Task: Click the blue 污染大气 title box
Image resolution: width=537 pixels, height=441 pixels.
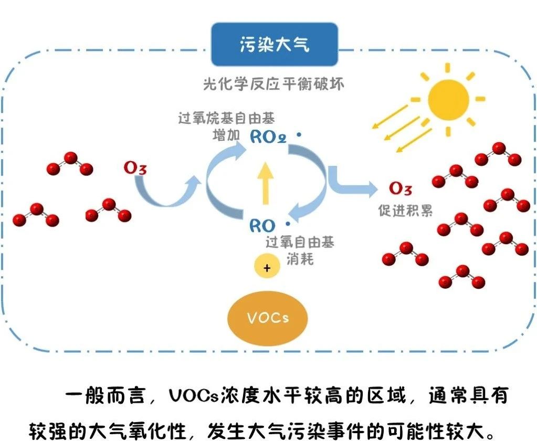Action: [274, 44]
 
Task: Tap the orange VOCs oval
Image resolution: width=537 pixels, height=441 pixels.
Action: [268, 318]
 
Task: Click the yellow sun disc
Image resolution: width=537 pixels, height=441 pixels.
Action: [448, 100]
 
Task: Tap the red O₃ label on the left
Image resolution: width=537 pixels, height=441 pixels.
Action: [135, 169]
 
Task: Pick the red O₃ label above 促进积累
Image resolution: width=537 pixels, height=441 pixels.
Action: [400, 189]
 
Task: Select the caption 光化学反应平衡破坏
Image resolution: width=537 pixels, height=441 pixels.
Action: [273, 83]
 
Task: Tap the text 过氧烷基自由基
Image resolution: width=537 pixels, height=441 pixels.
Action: [226, 118]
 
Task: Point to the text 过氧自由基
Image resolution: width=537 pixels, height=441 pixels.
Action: [300, 242]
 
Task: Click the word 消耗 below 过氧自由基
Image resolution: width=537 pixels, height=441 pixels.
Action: [300, 258]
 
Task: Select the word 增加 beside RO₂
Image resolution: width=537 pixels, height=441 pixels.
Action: [226, 135]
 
